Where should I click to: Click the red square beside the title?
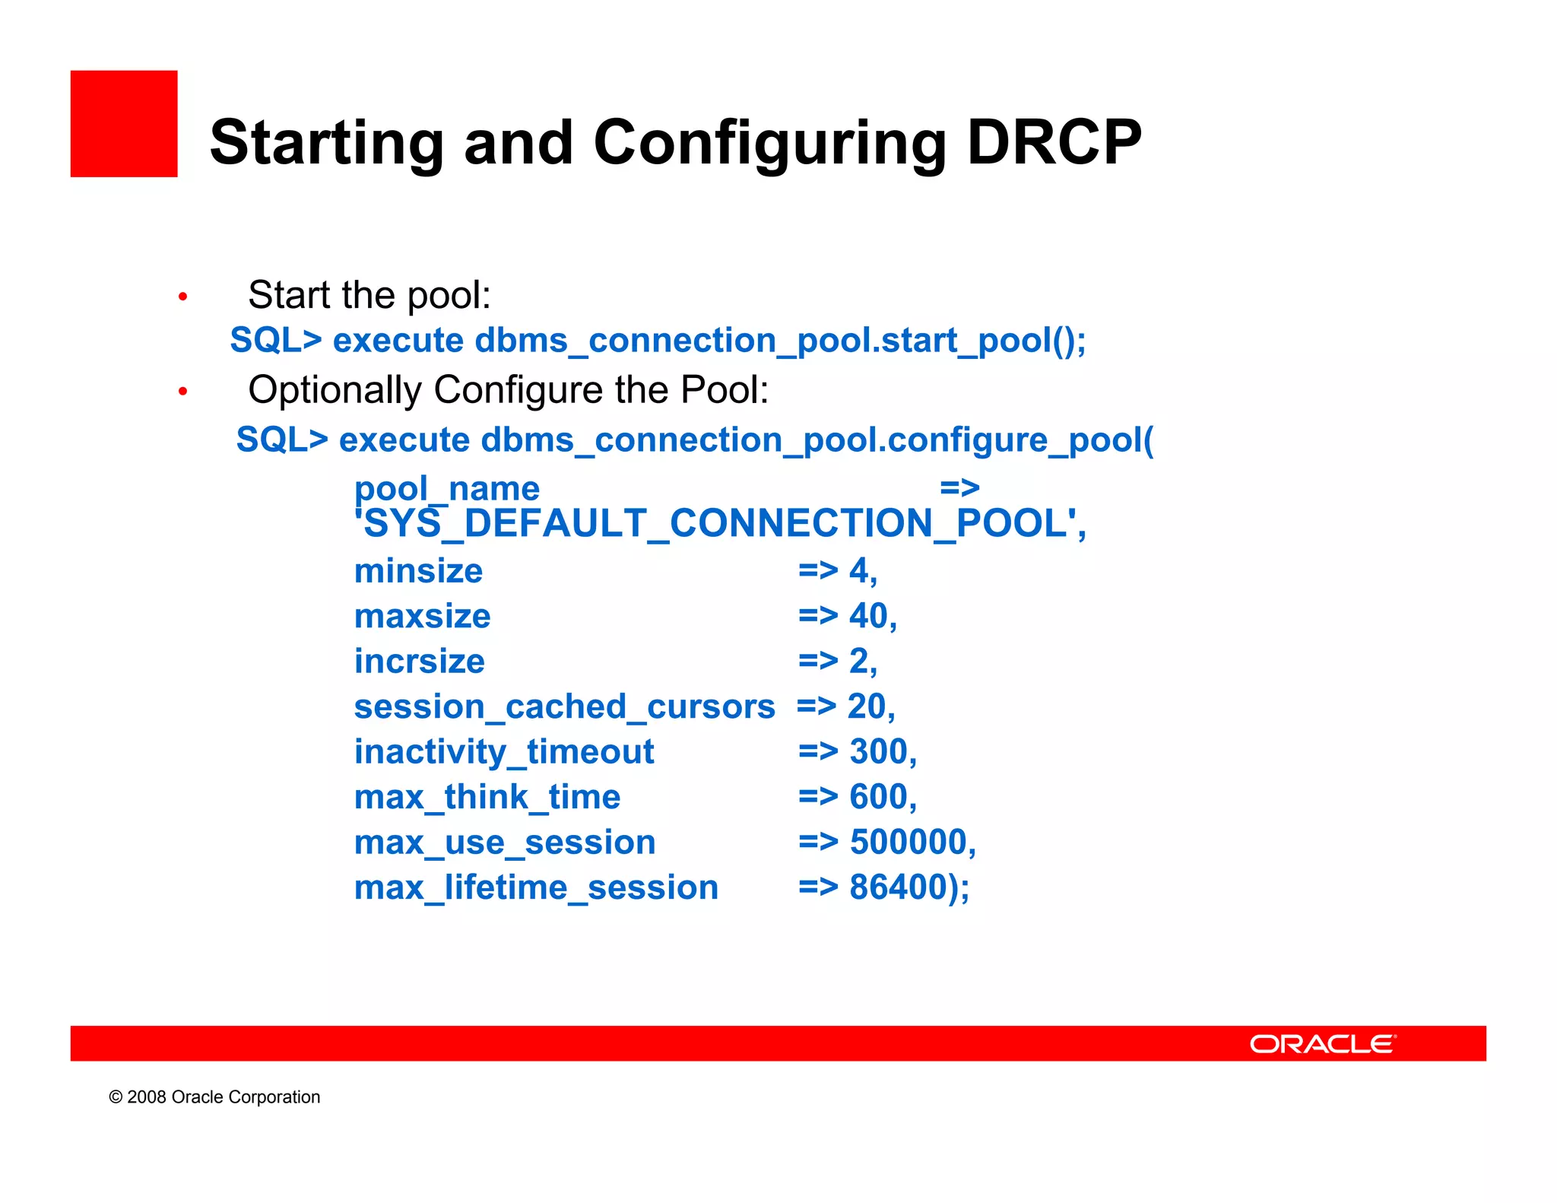click(124, 124)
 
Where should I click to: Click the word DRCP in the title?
click(1054, 143)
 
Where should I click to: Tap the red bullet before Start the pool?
click(182, 297)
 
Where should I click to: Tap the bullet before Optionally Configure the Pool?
click(182, 392)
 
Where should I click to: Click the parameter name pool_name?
click(446, 488)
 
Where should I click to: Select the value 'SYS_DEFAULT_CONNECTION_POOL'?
click(720, 524)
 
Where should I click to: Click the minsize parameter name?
click(418, 571)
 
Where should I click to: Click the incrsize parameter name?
click(419, 662)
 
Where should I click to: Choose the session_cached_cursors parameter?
click(564, 707)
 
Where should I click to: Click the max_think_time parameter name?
click(487, 798)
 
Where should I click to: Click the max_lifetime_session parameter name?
click(536, 888)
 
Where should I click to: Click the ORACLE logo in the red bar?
click(1322, 1044)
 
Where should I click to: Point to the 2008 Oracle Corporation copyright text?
click(214, 1097)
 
